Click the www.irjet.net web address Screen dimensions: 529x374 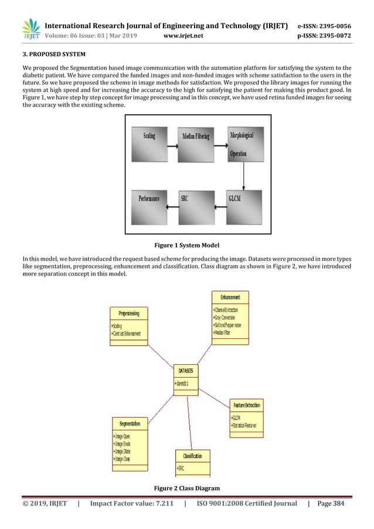(183, 37)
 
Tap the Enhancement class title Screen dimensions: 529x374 (230, 297)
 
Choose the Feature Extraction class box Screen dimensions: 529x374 (246, 415)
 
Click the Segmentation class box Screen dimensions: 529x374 (130, 441)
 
